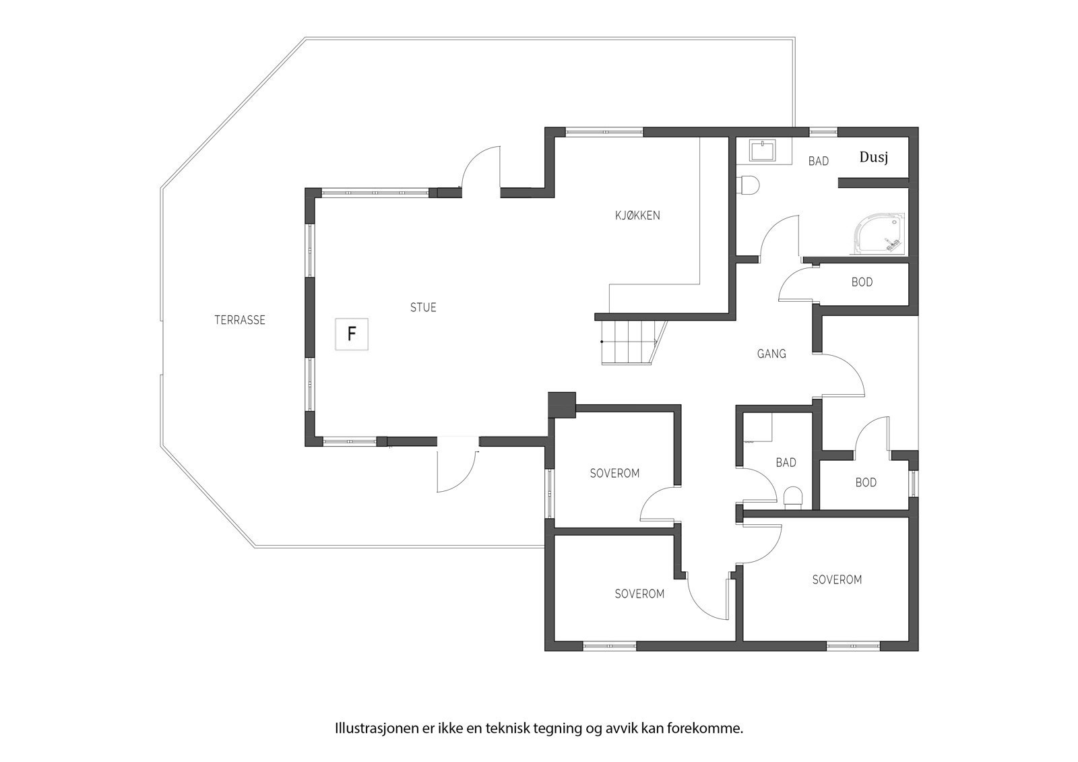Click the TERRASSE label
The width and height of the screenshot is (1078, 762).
point(240,321)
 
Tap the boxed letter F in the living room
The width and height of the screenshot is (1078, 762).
point(352,334)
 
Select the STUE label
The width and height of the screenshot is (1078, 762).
point(423,308)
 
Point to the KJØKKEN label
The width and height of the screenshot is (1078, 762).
point(637,216)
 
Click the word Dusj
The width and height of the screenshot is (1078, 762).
point(873,158)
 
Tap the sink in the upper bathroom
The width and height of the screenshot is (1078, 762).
point(763,150)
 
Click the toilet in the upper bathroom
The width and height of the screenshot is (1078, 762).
point(749,185)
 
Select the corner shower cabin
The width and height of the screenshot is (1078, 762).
point(880,234)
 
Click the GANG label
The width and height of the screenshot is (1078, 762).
point(771,354)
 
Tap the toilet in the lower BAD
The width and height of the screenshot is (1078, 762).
point(794,497)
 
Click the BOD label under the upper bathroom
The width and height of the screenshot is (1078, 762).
point(862,282)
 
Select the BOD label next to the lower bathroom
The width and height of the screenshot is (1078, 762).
point(866,482)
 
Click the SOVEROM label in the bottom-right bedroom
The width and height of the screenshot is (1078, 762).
point(837,579)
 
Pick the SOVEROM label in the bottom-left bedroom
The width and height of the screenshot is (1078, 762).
point(639,594)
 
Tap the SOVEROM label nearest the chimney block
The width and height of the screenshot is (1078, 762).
point(614,474)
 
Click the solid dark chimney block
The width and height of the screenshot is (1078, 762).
point(561,404)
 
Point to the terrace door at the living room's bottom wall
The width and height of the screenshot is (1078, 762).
point(457,465)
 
